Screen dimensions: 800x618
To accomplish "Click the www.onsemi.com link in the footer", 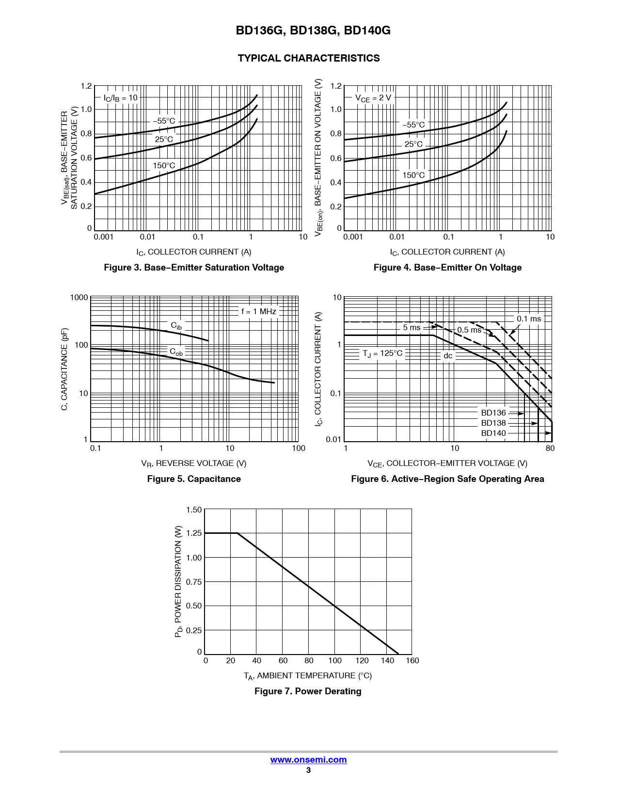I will tap(308, 760).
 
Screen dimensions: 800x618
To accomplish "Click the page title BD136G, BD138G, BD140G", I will tap(313, 31).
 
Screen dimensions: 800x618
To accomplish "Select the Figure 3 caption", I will tap(194, 268).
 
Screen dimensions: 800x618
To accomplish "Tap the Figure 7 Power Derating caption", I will tap(308, 691).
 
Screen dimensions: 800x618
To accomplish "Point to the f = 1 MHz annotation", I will tap(259, 311).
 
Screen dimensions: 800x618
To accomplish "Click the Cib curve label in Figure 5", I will tap(176, 326).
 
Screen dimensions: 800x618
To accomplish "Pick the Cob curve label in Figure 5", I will tap(176, 352).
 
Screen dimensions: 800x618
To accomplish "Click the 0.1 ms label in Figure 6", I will tap(528, 319).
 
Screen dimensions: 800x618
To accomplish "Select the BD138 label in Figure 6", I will tap(493, 423).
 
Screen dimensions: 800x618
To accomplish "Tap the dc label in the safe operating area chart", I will tap(448, 356).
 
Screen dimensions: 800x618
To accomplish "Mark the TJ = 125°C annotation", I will tap(382, 353).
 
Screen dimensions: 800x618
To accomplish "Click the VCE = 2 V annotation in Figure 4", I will tap(373, 98).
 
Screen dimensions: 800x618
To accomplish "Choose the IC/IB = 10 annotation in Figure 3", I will tap(121, 98).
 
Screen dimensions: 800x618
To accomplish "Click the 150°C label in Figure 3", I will tap(164, 166).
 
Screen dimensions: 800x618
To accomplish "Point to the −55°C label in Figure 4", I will tap(413, 125).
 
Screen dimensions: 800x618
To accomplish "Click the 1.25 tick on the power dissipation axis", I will tap(194, 533).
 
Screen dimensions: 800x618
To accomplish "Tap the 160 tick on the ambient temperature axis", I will tap(412, 661).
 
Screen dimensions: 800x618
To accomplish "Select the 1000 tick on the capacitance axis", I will tap(79, 298).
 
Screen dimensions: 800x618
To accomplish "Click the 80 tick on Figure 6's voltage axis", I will tap(550, 448).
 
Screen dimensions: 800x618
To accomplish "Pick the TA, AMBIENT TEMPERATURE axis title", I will tap(308, 676).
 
